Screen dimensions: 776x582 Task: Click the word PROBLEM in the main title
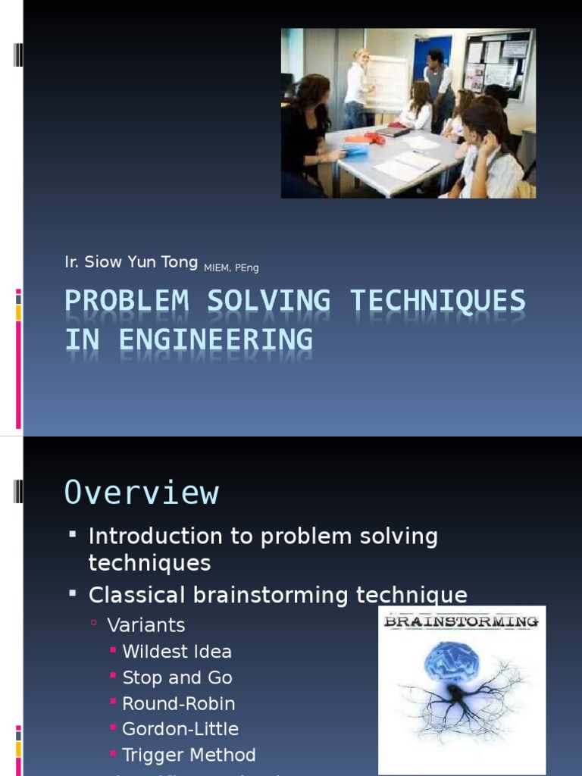(x=127, y=302)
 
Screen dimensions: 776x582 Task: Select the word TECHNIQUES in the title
(x=437, y=302)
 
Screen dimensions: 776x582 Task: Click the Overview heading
(x=142, y=493)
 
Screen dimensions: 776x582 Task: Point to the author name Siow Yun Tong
(x=140, y=263)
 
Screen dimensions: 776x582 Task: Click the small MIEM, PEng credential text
(x=231, y=268)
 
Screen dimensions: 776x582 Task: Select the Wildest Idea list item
(x=177, y=652)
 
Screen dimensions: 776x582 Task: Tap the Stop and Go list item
(x=177, y=677)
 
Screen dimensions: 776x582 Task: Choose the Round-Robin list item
(x=179, y=703)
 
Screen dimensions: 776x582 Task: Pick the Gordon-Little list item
(x=180, y=729)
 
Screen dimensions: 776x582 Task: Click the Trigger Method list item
(x=189, y=755)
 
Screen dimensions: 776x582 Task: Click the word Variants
(x=145, y=625)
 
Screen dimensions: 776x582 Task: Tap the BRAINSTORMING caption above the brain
(x=461, y=622)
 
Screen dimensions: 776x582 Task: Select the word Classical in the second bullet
(x=137, y=596)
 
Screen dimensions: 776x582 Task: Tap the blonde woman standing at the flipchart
(x=357, y=87)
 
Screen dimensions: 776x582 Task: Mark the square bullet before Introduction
(x=73, y=535)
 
